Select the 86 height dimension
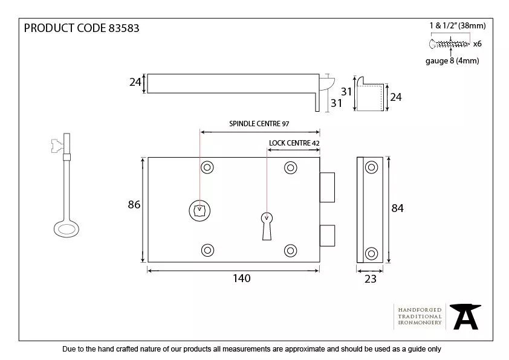tap(134, 205)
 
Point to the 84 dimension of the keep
tap(397, 208)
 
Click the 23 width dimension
tap(370, 278)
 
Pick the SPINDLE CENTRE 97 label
tap(259, 123)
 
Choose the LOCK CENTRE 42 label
tap(294, 143)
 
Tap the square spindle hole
tap(199, 210)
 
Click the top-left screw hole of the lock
tap(208, 167)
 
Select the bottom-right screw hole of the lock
tap(290, 249)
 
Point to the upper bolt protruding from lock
tap(327, 187)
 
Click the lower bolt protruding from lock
tap(327, 236)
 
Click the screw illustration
tap(449, 43)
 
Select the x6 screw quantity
tap(477, 43)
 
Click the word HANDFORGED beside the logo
tap(420, 310)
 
